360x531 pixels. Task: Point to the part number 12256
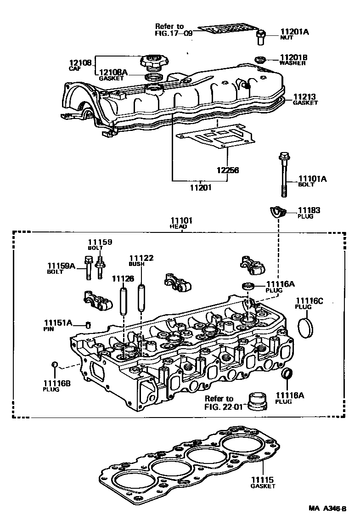tap(228, 170)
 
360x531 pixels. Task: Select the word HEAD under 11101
tap(182, 227)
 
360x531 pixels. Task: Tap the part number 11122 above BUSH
tap(141, 258)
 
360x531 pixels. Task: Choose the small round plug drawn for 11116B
tap(54, 365)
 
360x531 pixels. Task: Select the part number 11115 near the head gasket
tap(263, 480)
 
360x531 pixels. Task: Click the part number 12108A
tap(112, 73)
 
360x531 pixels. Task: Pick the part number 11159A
tap(62, 265)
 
